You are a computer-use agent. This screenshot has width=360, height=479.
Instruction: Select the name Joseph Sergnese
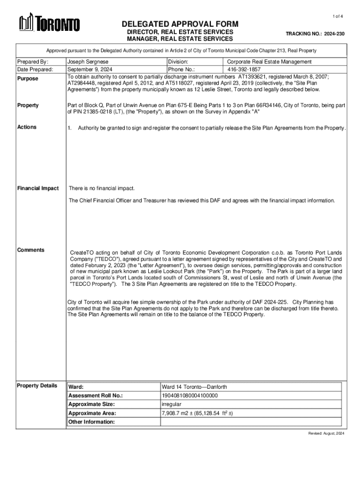[x=88, y=62]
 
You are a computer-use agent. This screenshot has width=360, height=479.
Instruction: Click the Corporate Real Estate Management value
[x=269, y=62]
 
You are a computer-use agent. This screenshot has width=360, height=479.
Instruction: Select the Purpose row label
[x=28, y=79]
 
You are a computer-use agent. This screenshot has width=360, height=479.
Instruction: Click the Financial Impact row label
[x=38, y=189]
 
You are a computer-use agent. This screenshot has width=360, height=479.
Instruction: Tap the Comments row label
[x=31, y=250]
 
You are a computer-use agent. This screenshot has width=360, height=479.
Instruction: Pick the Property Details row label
[x=37, y=385]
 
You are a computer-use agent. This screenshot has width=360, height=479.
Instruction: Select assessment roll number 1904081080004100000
[x=189, y=396]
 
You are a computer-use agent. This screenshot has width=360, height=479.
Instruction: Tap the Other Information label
[x=92, y=422]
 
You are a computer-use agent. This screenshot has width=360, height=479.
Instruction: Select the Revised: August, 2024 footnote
[x=326, y=434]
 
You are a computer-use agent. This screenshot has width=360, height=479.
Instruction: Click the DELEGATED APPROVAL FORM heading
[x=180, y=24]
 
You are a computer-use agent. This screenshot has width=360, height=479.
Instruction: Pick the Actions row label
[x=27, y=127]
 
